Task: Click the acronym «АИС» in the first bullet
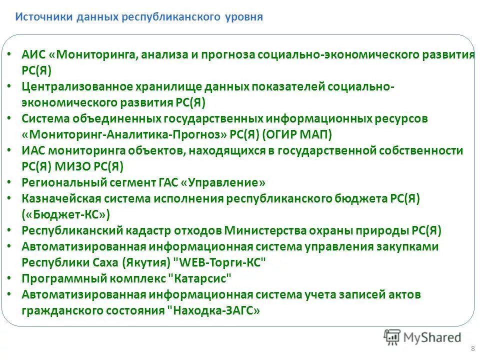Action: tap(33, 55)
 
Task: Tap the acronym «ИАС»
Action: tap(33, 151)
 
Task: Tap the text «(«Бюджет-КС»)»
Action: tap(65, 214)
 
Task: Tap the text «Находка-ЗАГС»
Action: tap(215, 310)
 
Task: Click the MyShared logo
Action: tap(423, 337)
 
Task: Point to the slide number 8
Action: tap(472, 348)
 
